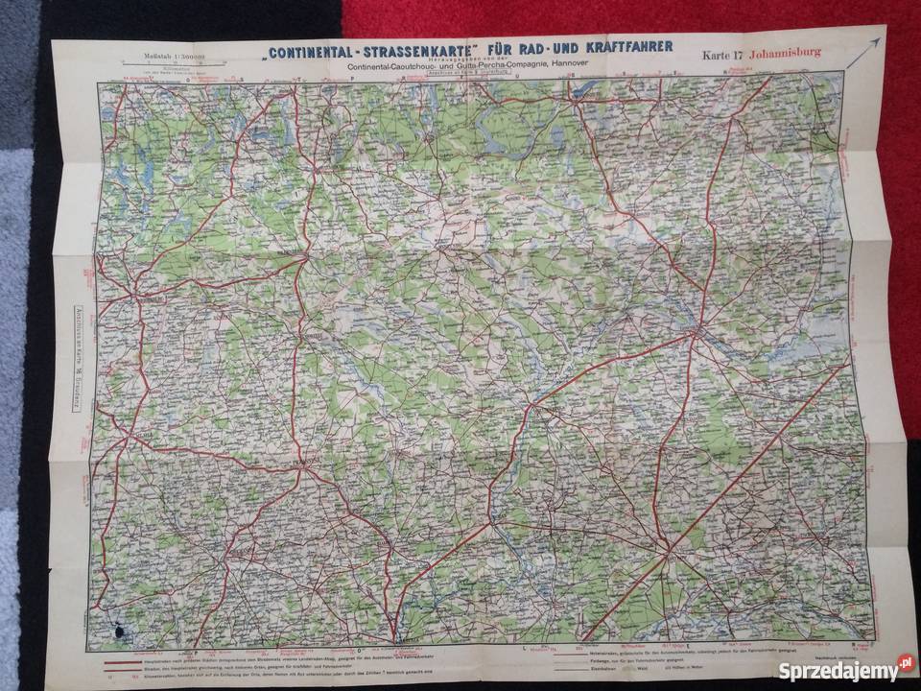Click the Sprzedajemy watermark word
[x=828, y=670]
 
